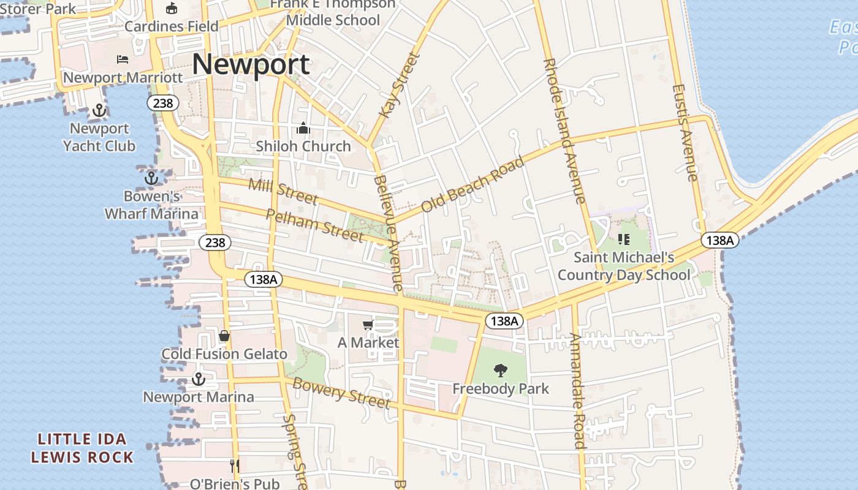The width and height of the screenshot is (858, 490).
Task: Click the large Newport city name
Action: coord(251,64)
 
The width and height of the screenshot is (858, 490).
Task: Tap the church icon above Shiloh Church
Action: coord(303,129)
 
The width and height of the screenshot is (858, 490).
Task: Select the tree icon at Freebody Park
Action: coord(501,370)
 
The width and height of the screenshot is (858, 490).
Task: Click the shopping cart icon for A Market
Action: coord(368,325)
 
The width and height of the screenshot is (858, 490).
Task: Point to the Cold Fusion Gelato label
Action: coord(224,354)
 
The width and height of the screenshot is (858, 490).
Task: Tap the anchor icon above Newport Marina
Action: coord(198,379)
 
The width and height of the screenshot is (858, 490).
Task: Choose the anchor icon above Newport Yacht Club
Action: coord(99,111)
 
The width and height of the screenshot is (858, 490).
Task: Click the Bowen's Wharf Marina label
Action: coord(152,205)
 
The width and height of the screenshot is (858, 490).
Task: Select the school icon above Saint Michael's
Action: coord(624,239)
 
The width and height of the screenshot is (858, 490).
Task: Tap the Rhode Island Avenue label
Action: coord(564,131)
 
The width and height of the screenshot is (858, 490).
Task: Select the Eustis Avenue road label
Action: coord(685,132)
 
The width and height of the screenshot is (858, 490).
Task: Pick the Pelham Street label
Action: coord(315,225)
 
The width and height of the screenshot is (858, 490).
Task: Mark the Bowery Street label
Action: coord(341,393)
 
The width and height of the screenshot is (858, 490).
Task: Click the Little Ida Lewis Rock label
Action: coord(82,448)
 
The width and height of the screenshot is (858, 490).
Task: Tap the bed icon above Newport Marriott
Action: coord(123,59)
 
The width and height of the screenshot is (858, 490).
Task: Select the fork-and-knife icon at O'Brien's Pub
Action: coord(234,466)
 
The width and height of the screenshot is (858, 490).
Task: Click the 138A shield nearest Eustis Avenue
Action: coord(719,240)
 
